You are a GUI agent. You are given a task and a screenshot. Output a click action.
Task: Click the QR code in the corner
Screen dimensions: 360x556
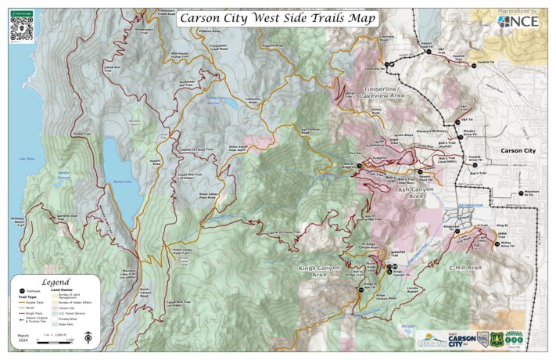(x=20, y=25)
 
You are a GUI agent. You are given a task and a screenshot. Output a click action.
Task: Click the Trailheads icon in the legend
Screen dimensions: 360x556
(x=20, y=290)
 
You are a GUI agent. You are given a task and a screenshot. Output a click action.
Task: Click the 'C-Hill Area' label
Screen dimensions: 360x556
(x=465, y=268)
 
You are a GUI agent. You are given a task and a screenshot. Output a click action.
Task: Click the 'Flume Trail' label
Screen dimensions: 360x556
(x=77, y=134)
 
